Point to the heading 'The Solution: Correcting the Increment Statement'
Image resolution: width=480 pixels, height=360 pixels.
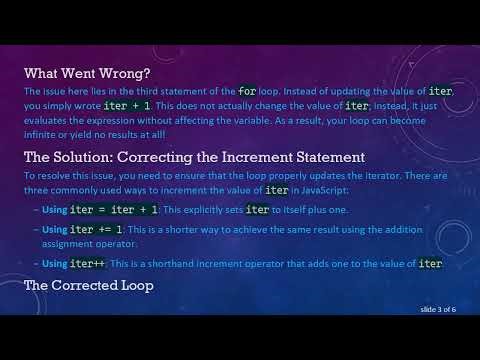coord(194,157)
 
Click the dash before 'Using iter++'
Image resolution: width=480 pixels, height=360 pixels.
coord(36,264)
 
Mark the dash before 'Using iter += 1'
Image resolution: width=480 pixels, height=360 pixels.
coord(36,229)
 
